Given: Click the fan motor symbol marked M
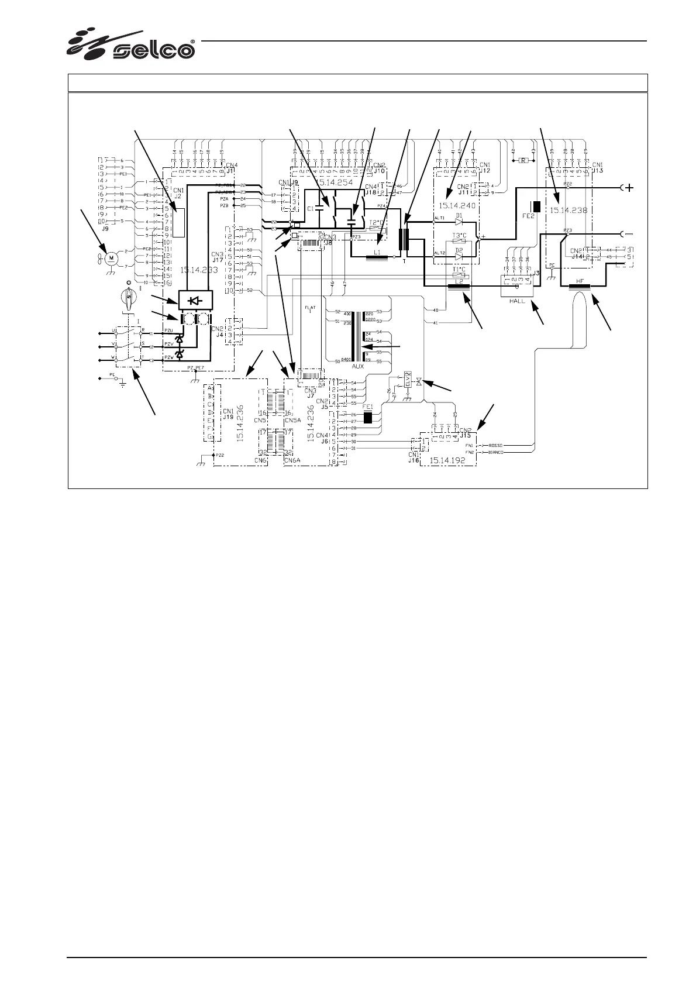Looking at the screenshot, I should point(113,257).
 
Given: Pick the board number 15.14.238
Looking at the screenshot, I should point(568,209).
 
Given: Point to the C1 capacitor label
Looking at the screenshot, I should point(311,208).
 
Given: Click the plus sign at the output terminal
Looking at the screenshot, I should point(630,188).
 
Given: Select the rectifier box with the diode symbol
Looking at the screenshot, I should point(195,299).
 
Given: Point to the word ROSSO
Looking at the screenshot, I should point(496,445).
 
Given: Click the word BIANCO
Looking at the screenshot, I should point(496,452).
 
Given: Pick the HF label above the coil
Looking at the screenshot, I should point(580,281).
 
